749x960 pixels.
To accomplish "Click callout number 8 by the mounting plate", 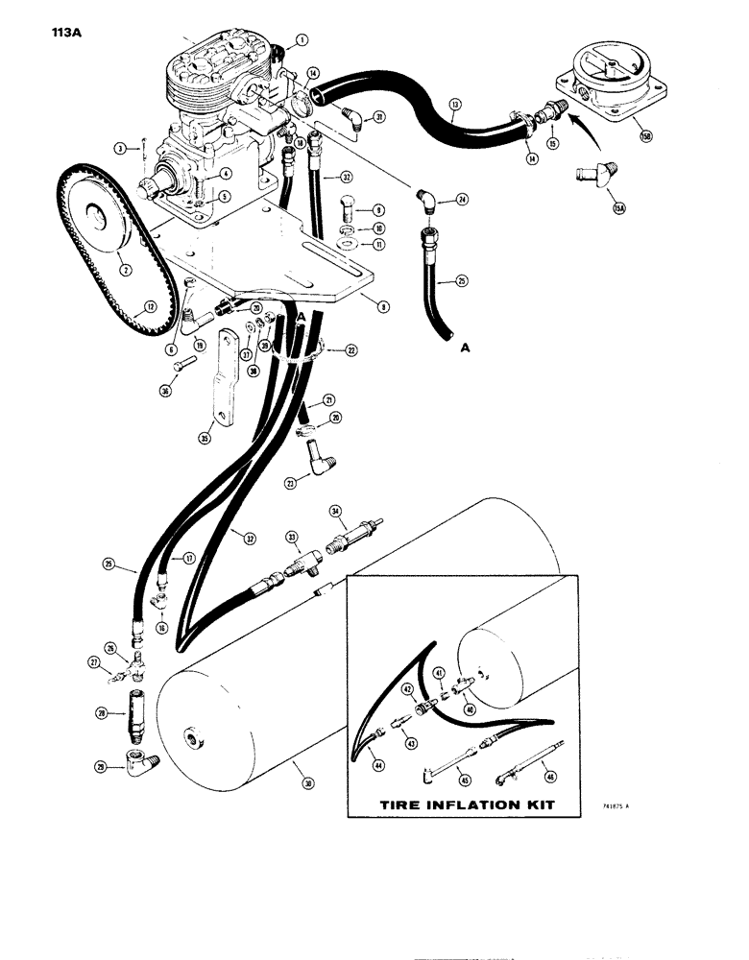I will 383,308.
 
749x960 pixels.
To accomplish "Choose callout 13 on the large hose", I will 455,103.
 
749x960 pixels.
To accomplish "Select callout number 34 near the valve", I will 335,509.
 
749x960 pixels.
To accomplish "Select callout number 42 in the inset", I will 407,688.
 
